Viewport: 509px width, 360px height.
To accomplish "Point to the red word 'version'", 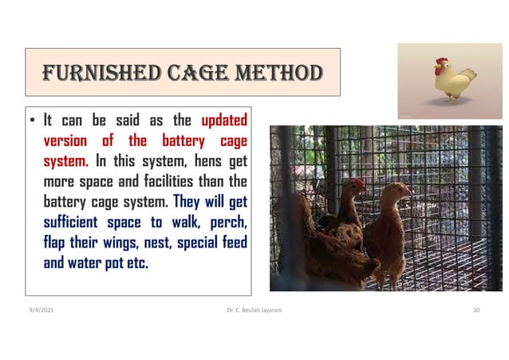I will (65, 142).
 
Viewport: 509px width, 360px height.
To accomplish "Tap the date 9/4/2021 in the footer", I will (40, 307).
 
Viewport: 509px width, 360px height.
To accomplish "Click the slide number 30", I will (476, 307).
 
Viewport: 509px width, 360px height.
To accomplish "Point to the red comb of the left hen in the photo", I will (359, 183).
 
